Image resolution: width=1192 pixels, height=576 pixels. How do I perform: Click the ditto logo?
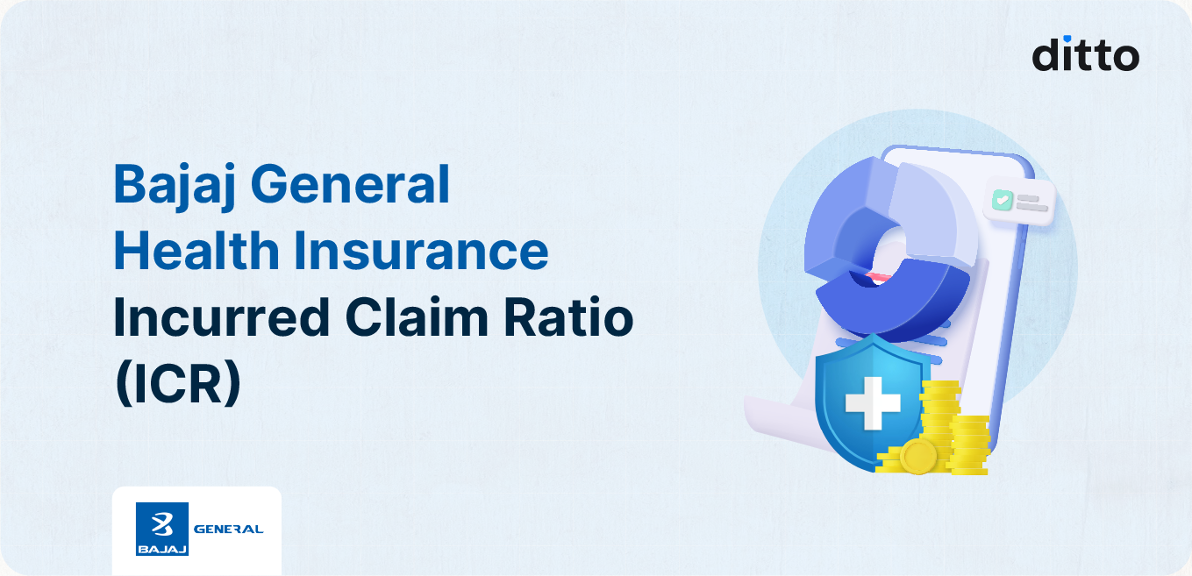pyautogui.click(x=1085, y=53)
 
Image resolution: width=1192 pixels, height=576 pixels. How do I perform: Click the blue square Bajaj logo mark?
pyautogui.click(x=162, y=529)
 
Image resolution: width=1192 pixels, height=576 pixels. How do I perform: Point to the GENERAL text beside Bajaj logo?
pyautogui.click(x=228, y=529)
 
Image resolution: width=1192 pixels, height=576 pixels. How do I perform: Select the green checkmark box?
pyautogui.click(x=1001, y=201)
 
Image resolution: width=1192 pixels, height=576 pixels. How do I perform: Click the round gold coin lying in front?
pyautogui.click(x=917, y=456)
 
